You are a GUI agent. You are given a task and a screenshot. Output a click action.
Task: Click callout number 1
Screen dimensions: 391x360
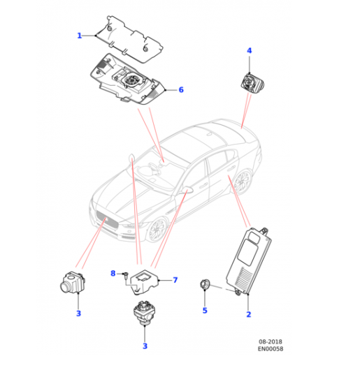click(80, 36)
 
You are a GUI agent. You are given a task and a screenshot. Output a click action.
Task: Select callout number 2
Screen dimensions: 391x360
click(248, 315)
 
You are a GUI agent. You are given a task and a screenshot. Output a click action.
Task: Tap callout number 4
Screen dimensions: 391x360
click(250, 51)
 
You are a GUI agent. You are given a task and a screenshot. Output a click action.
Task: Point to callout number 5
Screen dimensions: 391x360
click(205, 310)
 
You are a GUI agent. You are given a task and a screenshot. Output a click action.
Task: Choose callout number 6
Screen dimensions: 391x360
click(181, 90)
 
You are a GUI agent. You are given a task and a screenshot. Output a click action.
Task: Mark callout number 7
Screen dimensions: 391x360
click(175, 280)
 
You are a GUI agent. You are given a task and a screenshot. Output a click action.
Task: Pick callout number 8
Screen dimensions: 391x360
click(113, 272)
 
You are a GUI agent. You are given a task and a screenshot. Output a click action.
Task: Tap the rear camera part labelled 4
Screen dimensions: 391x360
click(249, 82)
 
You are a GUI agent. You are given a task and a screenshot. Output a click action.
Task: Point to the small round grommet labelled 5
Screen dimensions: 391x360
click(205, 283)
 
